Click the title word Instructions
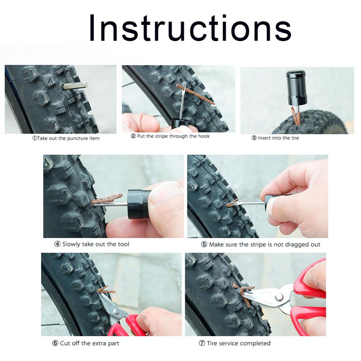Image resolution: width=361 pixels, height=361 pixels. tap(190, 29)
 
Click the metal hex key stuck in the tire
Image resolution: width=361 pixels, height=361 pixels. tap(75, 86)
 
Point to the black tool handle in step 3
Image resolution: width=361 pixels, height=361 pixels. tap(296, 87)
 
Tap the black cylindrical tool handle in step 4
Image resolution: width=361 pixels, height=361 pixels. tap(139, 204)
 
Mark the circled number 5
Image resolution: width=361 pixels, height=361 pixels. tap(204, 244)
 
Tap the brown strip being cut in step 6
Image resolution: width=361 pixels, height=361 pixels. tap(106, 290)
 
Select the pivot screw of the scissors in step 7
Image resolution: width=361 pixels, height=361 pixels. tap(279, 297)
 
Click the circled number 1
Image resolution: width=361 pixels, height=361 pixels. tap(35, 138)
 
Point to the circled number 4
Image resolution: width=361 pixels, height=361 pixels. tap(57, 244)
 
